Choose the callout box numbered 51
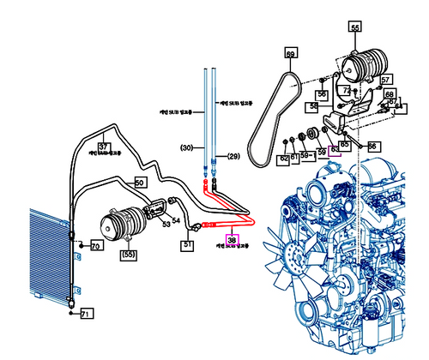click(x=187, y=244)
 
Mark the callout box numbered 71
click(x=85, y=315)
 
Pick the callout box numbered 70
click(x=95, y=247)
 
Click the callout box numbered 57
click(x=386, y=81)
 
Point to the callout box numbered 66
click(x=372, y=147)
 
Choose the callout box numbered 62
click(x=283, y=159)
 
